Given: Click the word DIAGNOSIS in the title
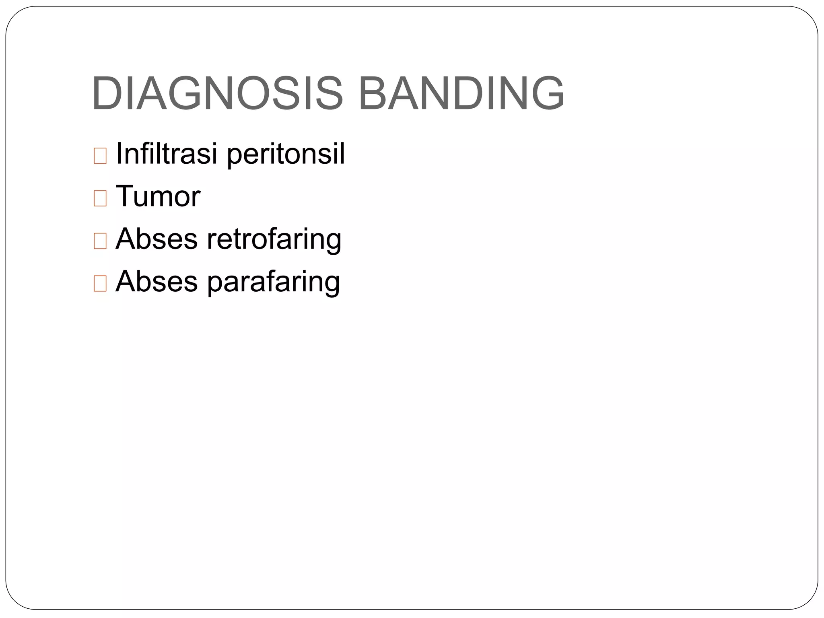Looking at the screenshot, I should (217, 93).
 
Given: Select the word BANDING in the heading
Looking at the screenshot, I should (461, 93).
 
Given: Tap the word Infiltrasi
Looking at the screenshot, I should (166, 154).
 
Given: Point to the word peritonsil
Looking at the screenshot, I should (286, 154).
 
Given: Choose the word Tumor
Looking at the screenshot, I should (158, 197).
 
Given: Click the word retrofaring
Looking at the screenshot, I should (274, 239).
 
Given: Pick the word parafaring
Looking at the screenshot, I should (274, 282).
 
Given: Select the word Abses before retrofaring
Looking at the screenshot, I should (157, 239).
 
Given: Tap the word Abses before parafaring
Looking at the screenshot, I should (157, 282).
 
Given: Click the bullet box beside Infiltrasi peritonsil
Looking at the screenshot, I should (100, 156).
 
